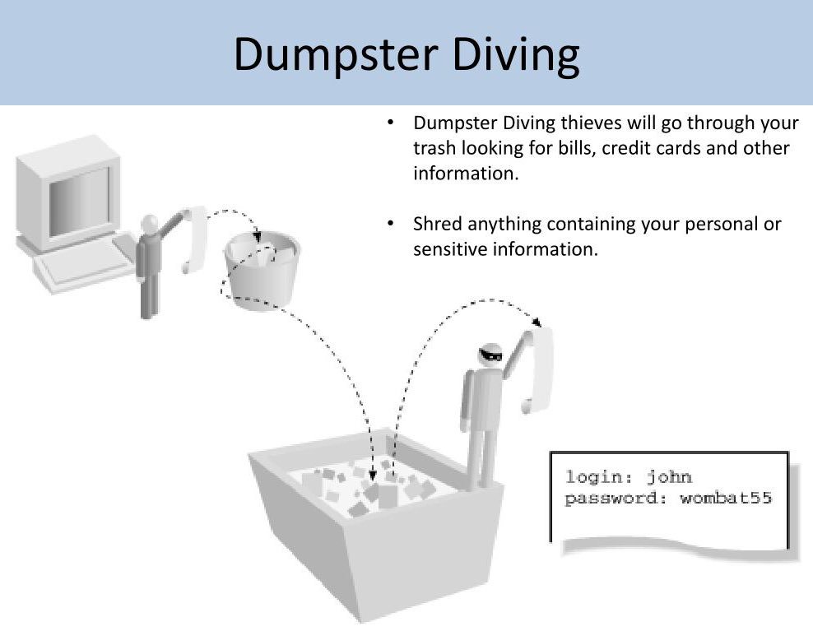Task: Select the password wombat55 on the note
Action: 726,499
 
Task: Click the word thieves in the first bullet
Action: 591,123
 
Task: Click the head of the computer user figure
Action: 149,224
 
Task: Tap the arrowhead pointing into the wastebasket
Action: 258,236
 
